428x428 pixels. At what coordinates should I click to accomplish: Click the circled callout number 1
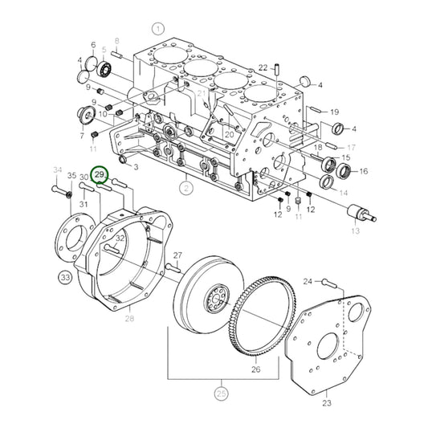(158, 29)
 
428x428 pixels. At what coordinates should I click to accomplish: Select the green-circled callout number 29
(100, 174)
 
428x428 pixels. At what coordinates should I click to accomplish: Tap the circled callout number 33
(64, 279)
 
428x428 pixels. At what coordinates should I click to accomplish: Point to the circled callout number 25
(221, 393)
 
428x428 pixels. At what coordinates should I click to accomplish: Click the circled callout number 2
(185, 190)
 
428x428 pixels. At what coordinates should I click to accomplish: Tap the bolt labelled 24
(326, 282)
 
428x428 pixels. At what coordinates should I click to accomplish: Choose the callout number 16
(363, 171)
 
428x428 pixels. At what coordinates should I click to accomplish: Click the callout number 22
(263, 68)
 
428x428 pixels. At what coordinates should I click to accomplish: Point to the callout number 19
(334, 112)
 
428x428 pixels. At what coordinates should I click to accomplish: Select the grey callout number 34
(57, 169)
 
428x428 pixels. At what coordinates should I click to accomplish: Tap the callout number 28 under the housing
(128, 320)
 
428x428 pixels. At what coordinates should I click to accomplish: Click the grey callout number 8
(116, 40)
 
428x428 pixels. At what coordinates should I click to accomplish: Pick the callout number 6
(94, 45)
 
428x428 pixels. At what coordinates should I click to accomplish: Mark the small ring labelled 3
(124, 161)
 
